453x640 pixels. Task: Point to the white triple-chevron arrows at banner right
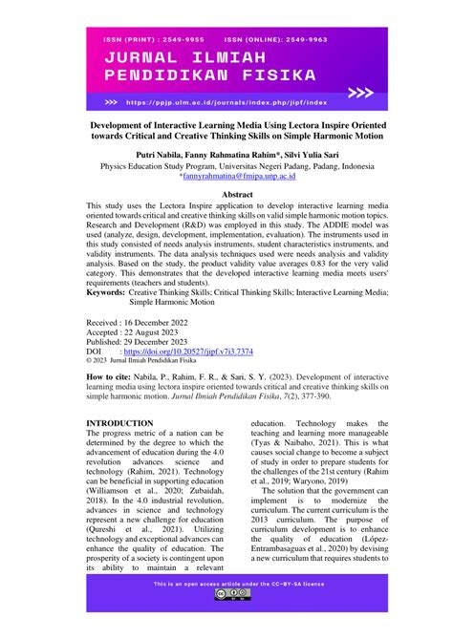click(360, 93)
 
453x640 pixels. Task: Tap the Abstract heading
click(226, 194)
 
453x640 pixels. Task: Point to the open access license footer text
click(226, 581)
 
